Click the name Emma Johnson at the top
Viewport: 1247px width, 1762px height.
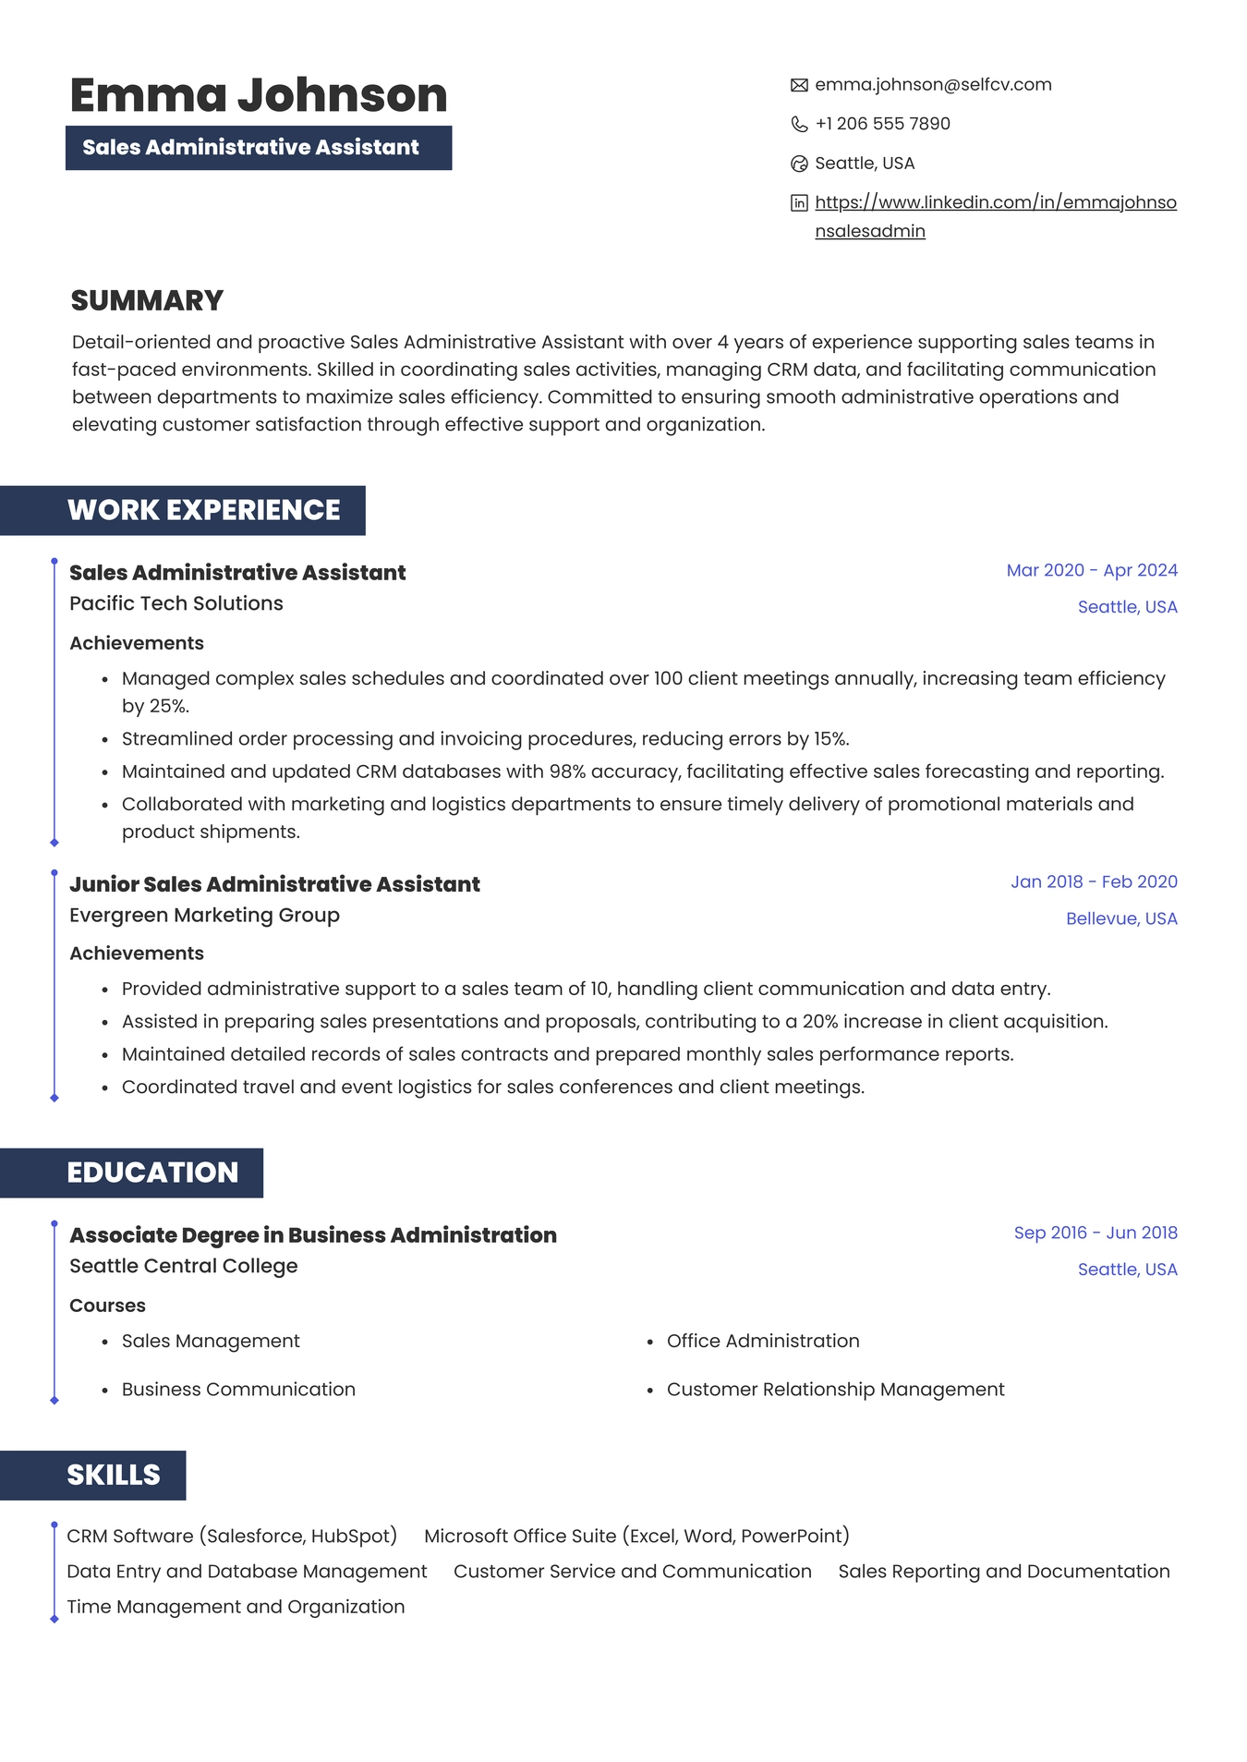tap(259, 95)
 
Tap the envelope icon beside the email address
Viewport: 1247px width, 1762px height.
tap(799, 85)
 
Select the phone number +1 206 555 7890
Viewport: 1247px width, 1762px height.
tap(882, 124)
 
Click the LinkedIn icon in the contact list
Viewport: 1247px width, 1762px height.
tap(799, 203)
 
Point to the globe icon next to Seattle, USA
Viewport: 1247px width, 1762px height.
tap(799, 164)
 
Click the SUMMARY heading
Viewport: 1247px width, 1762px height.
tap(147, 300)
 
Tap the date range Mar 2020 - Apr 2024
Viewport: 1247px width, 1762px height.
tap(1091, 570)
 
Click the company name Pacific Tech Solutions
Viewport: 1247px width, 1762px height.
tap(176, 603)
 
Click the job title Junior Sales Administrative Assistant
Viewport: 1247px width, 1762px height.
tap(274, 884)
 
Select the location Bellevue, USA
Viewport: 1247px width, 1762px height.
tap(1120, 918)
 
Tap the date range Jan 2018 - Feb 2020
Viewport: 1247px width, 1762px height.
tap(1093, 881)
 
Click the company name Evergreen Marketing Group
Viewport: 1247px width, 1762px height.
tap(204, 915)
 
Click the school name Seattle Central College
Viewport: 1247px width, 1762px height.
tap(183, 1266)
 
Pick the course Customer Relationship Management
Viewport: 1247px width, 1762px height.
tap(835, 1390)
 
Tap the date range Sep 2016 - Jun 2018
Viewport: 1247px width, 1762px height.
tap(1095, 1233)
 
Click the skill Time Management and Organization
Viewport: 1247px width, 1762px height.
tap(236, 1607)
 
